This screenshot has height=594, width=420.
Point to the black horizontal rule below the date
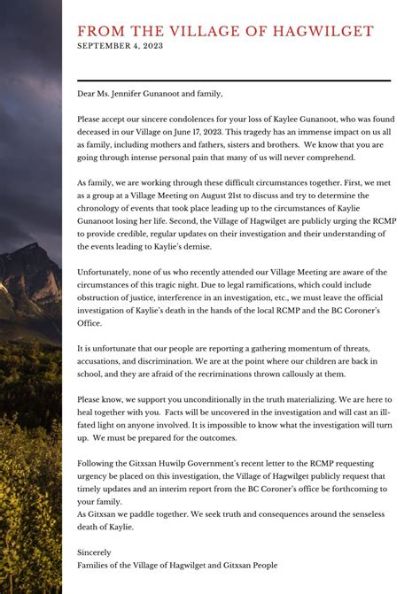[x=234, y=81]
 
